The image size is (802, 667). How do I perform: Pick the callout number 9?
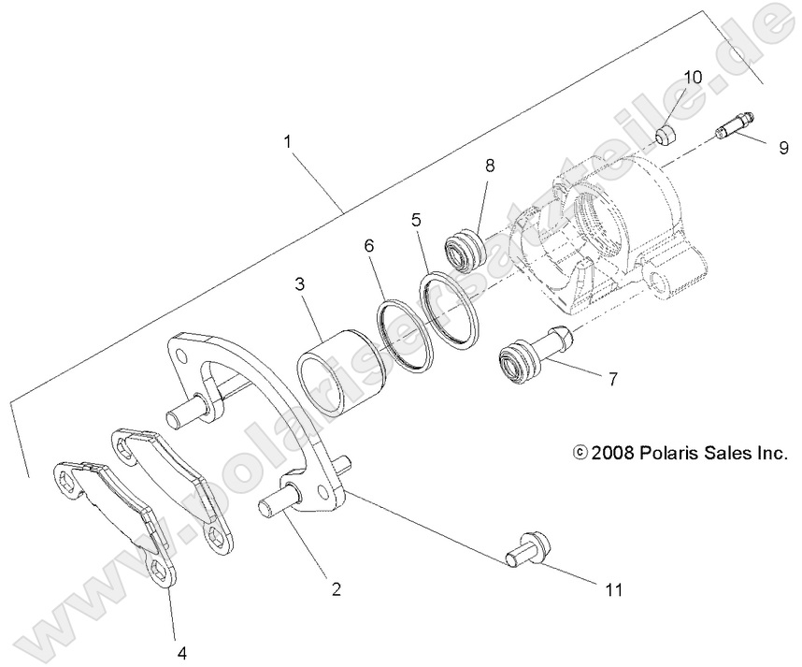pos(784,147)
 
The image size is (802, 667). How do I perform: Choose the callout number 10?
pos(692,77)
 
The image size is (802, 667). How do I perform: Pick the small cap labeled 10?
pos(664,138)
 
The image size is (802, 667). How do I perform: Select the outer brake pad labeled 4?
pos(112,515)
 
